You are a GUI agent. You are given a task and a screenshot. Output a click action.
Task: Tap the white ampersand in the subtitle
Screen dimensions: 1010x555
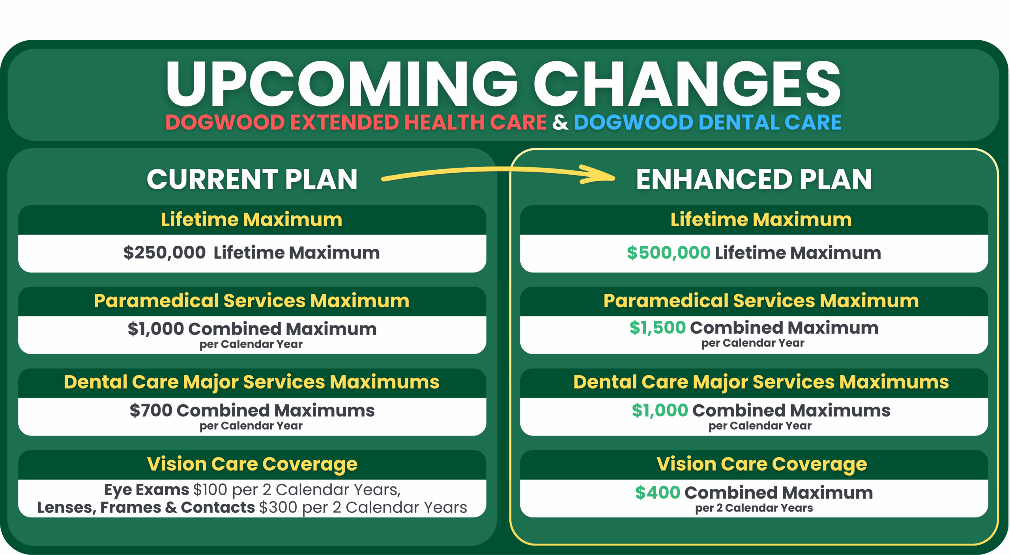click(560, 122)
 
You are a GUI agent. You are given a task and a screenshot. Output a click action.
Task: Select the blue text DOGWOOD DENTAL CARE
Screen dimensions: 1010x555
click(707, 122)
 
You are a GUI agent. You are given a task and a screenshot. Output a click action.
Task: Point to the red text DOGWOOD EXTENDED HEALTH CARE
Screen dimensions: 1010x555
click(356, 122)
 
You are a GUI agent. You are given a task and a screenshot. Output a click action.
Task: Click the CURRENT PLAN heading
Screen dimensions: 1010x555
click(252, 179)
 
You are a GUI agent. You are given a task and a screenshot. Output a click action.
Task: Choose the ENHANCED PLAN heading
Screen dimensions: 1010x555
click(754, 179)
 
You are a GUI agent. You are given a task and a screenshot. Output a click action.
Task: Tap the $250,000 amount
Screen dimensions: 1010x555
click(165, 252)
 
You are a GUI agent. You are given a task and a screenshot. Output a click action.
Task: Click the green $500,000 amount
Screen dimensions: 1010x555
click(669, 252)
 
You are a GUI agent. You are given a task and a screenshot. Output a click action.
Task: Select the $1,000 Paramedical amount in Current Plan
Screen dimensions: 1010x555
click(156, 329)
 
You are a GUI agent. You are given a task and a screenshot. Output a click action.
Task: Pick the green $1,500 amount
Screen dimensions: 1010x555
click(658, 327)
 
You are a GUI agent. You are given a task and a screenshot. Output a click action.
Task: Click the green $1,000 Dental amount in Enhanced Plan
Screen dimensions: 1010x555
click(660, 410)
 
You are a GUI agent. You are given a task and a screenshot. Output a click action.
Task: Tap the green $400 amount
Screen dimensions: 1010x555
click(658, 492)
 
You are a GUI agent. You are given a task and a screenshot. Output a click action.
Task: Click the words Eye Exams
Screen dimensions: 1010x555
click(147, 490)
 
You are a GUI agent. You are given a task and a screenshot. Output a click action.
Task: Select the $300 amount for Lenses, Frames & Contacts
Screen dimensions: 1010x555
click(278, 507)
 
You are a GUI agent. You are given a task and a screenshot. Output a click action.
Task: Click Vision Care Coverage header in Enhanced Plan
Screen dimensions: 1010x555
click(762, 464)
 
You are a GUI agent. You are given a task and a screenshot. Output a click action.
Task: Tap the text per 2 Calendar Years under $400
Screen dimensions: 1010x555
click(754, 508)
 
